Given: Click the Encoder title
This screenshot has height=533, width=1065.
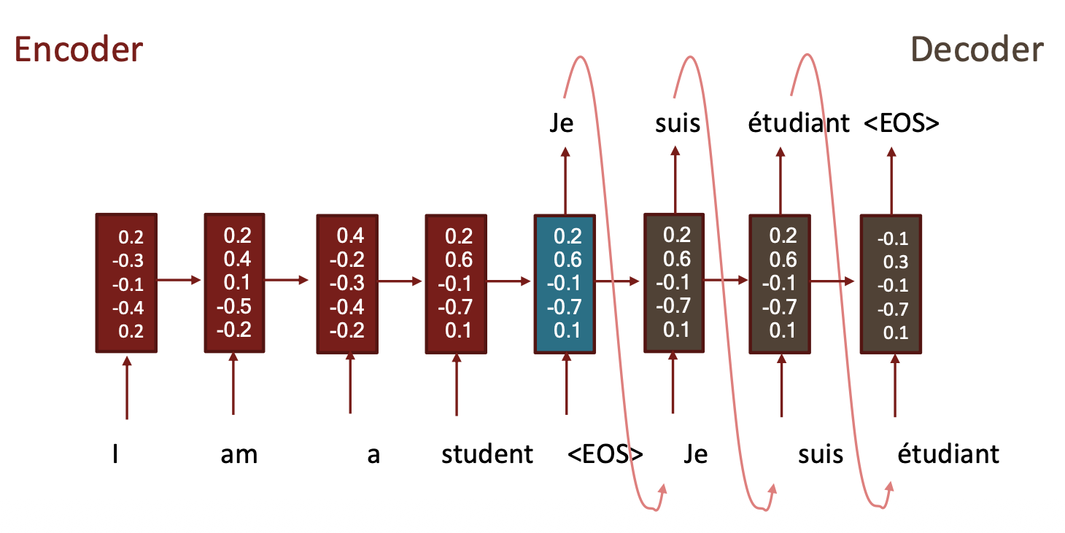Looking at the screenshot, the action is [79, 50].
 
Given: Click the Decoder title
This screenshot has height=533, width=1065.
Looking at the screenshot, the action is [977, 50].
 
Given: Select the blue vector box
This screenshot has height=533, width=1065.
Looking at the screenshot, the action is [565, 284].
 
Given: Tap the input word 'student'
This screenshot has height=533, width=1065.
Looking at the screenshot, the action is [487, 454].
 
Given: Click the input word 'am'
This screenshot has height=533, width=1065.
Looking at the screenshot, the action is [239, 455].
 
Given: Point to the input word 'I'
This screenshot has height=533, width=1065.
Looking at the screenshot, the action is [115, 454].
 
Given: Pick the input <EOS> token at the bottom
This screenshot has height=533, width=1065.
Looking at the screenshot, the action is [605, 454].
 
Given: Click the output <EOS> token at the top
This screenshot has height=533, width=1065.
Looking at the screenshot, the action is [902, 123].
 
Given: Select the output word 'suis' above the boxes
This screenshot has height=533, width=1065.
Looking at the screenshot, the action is [678, 123].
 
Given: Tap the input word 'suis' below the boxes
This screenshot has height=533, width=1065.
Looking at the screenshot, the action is [821, 454].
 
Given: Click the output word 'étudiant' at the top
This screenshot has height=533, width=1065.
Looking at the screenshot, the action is [799, 122].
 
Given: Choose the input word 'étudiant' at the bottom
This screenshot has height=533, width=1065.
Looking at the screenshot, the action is [948, 454].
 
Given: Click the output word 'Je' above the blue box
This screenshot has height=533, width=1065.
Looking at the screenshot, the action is [562, 123].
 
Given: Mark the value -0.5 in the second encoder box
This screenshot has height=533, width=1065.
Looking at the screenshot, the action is [234, 306].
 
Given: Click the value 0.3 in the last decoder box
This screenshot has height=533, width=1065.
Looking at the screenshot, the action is [896, 262].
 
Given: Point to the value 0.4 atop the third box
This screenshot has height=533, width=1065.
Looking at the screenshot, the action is [350, 236].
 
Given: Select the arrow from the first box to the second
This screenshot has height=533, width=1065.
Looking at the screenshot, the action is [179, 280].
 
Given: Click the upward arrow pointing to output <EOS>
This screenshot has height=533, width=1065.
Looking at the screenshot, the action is [891, 181].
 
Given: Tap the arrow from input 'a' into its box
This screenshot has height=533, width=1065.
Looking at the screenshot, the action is [350, 383].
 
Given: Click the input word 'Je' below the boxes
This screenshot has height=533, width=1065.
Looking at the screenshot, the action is [696, 454].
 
